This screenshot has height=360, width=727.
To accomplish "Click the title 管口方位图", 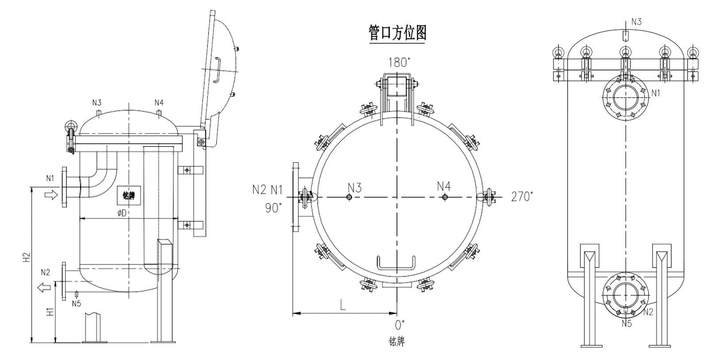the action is [x=397, y=33].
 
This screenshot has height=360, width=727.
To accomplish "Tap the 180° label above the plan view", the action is [x=399, y=62].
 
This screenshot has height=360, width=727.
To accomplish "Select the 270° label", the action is [x=522, y=196].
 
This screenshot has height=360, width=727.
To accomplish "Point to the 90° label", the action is [x=272, y=208].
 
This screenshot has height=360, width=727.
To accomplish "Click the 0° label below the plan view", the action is [x=400, y=325].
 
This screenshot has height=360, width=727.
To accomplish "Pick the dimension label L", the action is [x=343, y=305].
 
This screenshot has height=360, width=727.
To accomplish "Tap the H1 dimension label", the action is [x=50, y=312].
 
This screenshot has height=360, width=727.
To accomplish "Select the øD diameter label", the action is [x=122, y=213].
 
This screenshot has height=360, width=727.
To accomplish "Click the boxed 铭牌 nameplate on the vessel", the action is [x=129, y=195].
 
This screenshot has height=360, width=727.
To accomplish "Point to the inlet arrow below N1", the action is [x=51, y=195].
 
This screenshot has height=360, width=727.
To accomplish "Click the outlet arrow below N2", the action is [x=44, y=287].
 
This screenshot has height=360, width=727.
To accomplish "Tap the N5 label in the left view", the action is [x=76, y=303].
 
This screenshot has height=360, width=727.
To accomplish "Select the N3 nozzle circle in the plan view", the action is [x=349, y=197].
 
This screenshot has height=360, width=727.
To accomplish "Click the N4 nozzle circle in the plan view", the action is [x=445, y=197].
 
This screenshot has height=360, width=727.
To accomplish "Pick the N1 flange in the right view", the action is [x=626, y=97].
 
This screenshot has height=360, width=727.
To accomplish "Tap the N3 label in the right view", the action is [x=636, y=22].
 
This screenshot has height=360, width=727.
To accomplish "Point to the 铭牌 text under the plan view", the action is [x=396, y=341].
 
